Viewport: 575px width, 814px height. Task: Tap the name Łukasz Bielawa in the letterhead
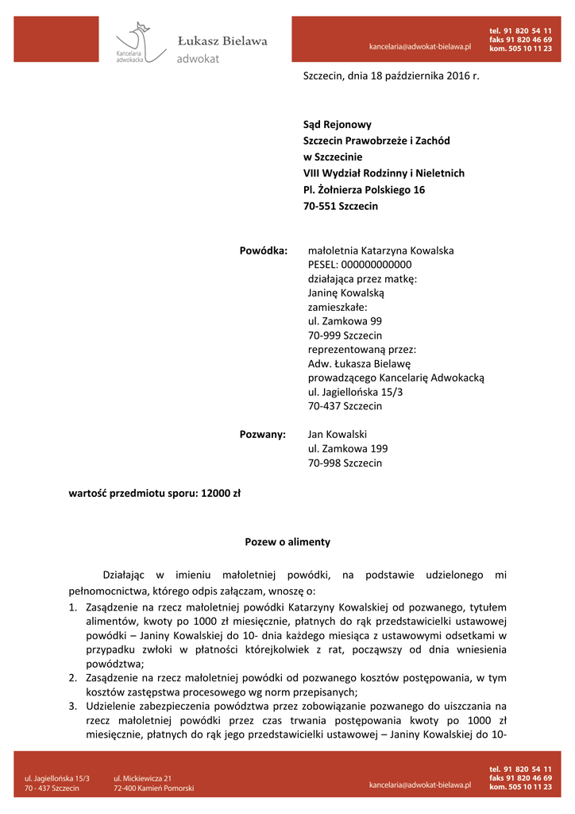222,41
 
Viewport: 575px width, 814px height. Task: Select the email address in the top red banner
420,47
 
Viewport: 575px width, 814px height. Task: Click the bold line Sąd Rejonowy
337,125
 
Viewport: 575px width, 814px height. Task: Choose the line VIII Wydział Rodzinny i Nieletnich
384,173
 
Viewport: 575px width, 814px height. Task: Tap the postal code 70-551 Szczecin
341,206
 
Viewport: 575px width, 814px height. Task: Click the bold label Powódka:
263,250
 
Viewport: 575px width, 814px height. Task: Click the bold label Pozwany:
262,434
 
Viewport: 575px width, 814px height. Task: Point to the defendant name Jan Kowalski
337,434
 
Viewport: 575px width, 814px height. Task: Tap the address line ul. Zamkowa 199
348,449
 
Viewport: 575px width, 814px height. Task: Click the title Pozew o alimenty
287,542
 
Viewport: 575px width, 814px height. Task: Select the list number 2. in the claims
71,677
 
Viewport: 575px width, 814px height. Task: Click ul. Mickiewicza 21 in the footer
142,778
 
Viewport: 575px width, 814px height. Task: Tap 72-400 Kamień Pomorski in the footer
153,789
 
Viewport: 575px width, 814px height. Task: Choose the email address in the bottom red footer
420,785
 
